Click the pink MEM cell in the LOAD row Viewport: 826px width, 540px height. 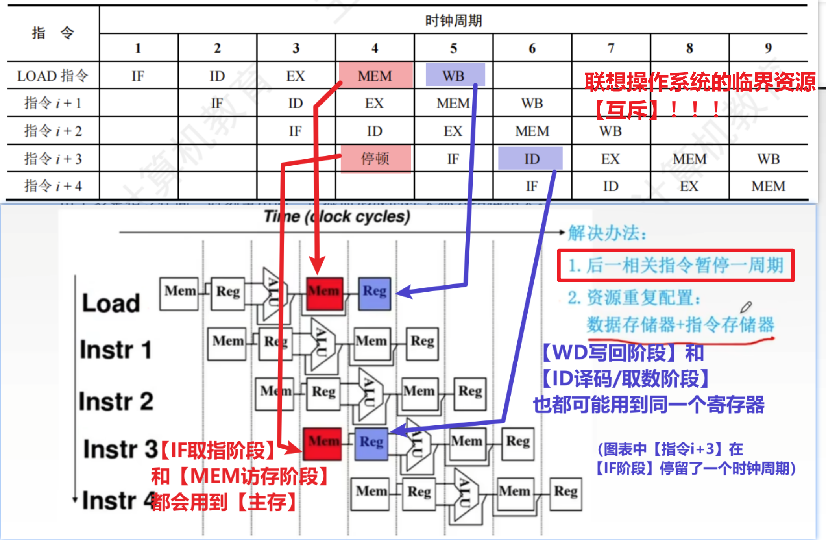coord(375,76)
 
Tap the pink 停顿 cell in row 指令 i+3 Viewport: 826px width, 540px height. coord(375,159)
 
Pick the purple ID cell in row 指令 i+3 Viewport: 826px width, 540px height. coord(531,159)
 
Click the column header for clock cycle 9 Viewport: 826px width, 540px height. coord(768,48)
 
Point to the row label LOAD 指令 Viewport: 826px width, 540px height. coord(53,76)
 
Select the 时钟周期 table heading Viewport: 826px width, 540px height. coord(453,20)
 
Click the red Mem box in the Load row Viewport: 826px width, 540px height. coord(324,293)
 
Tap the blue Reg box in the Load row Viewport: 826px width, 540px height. coord(375,293)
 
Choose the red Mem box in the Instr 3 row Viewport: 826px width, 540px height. coord(323,443)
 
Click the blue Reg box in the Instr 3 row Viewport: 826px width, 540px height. coord(371,443)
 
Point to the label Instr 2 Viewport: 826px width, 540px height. coord(116,401)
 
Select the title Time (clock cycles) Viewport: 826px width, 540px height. coord(337,216)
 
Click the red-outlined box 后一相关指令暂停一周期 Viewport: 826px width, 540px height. coord(676,265)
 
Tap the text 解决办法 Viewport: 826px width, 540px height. coord(607,233)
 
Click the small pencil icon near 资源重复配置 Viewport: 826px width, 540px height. coord(746,307)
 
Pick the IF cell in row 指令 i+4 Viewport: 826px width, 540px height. coord(532,186)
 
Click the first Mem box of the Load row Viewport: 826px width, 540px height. coord(179,293)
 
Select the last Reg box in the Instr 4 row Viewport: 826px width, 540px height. coord(565,493)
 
